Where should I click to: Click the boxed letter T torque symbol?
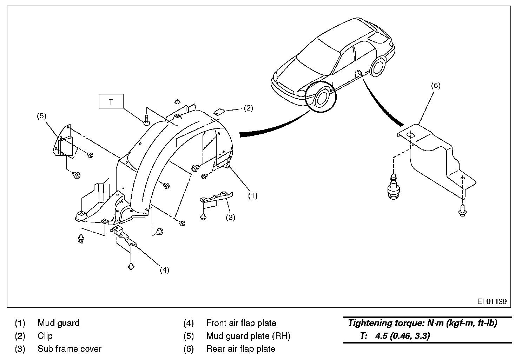pos(111,102)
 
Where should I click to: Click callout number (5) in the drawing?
pos(42,116)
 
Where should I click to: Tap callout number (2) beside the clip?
pos(248,108)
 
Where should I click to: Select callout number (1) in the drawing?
pos(253,196)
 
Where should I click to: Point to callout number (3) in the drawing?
pos(230,217)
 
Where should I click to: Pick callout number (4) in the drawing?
pos(164,270)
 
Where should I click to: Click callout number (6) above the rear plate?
pos(435,85)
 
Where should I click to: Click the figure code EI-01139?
pos(491,301)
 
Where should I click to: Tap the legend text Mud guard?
pos(58,323)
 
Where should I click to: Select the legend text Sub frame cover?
pos(69,349)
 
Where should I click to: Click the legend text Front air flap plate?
pos(241,323)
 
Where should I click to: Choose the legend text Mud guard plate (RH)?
pos(248,336)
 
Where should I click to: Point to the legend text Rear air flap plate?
pos(240,349)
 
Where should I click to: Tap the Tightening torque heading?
pos(422,323)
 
